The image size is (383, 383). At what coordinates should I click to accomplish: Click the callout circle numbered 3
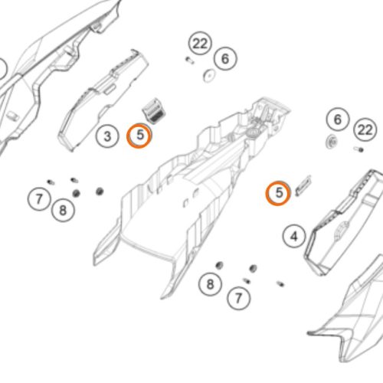click(107, 136)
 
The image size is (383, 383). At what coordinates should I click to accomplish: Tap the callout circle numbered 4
click(294, 236)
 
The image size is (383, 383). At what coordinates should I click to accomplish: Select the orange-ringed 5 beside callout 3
click(139, 136)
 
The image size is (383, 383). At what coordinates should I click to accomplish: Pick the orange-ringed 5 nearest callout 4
click(278, 193)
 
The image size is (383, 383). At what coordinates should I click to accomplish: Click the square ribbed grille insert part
click(154, 110)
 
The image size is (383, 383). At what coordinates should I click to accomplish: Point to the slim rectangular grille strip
click(303, 185)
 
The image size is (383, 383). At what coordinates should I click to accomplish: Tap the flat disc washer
click(209, 76)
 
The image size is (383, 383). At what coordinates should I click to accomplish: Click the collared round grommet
click(332, 142)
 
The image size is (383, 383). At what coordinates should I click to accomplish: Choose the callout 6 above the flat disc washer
click(225, 58)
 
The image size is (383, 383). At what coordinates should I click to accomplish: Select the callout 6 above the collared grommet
click(338, 119)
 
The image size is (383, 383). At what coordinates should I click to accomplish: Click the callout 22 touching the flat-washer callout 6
click(200, 44)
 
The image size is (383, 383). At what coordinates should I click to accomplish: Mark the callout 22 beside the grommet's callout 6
click(365, 129)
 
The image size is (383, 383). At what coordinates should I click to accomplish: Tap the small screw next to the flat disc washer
click(189, 61)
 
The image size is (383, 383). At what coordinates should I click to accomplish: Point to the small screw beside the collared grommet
click(358, 149)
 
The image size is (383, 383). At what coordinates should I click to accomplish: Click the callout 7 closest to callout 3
click(39, 198)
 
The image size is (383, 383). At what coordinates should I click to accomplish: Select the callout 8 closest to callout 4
click(210, 284)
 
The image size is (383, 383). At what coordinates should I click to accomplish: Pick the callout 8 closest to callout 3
click(63, 210)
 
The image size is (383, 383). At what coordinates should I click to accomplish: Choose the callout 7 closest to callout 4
click(238, 298)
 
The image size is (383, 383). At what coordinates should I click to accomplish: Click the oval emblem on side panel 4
click(342, 231)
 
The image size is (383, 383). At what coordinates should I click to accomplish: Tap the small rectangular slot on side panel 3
click(110, 89)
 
